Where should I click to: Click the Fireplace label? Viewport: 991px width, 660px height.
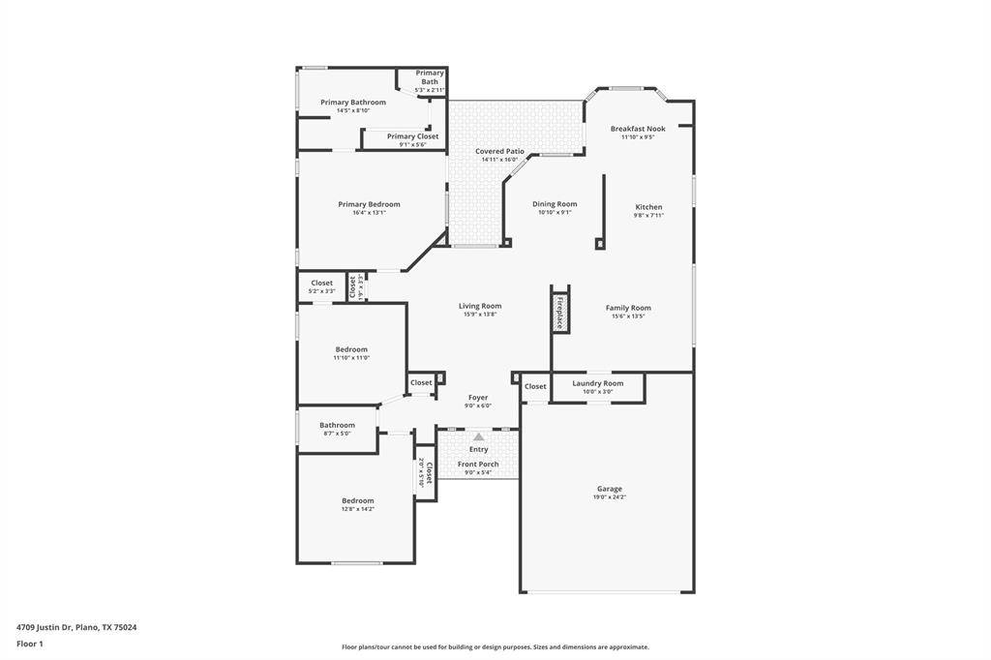[x=559, y=313]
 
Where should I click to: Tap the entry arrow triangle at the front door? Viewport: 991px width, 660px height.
[x=478, y=437]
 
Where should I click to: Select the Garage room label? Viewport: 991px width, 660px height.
[x=609, y=489]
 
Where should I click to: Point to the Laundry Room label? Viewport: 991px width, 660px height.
[x=597, y=383]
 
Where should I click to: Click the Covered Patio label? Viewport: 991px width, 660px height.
[x=499, y=151]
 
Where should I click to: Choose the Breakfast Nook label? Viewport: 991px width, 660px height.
[x=638, y=129]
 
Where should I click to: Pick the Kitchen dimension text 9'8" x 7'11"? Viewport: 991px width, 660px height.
[x=648, y=216]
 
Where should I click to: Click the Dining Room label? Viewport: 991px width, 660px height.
[x=555, y=204]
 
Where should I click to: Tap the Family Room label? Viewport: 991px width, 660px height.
[x=628, y=308]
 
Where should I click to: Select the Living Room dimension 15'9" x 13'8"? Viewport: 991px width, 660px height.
[x=480, y=315]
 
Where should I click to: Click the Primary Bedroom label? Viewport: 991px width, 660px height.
[x=369, y=204]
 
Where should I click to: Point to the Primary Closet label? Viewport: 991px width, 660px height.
[x=412, y=136]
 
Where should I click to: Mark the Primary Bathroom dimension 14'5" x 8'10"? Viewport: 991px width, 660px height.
[x=353, y=110]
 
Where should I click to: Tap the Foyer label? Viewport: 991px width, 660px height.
[x=478, y=397]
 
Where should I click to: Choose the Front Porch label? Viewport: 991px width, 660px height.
[x=478, y=465]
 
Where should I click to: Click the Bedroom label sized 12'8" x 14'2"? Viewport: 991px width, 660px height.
[x=357, y=500]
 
